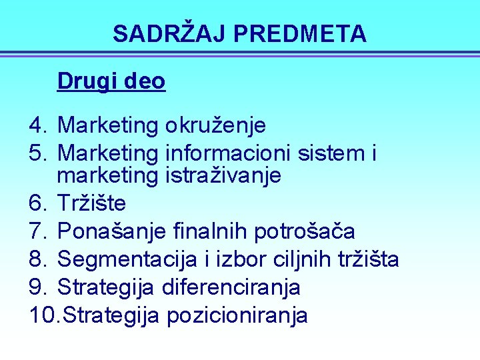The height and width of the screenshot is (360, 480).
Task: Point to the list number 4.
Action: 37,125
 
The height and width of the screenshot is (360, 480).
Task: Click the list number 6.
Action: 37,202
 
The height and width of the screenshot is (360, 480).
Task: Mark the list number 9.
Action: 37,287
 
